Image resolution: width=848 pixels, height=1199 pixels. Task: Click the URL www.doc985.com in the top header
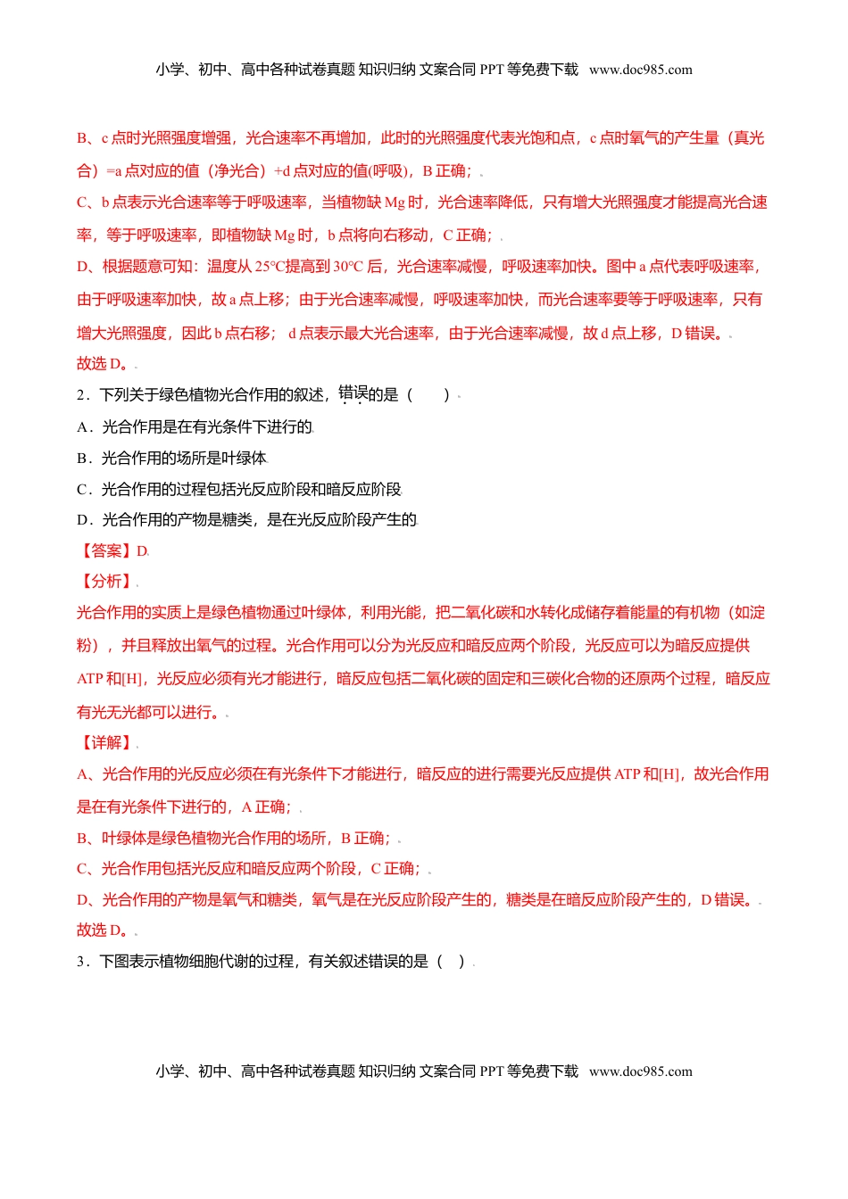[x=640, y=70]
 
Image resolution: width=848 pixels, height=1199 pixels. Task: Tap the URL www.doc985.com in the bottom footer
[x=640, y=1071]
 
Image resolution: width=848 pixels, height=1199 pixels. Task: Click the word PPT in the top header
[x=492, y=70]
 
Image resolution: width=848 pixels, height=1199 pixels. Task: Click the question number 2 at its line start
[x=81, y=395]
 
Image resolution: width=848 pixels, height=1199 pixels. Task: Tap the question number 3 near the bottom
[x=81, y=962]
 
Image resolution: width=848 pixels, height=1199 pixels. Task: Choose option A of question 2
[x=195, y=427]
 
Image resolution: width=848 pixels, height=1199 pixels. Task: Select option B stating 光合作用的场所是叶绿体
[x=172, y=459]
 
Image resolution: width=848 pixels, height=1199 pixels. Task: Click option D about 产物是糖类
[x=246, y=520]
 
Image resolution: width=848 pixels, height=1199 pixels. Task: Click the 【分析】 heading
[x=105, y=582]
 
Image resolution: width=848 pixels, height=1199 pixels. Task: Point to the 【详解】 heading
[x=105, y=743]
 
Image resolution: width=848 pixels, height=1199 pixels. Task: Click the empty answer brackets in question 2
[x=428, y=395]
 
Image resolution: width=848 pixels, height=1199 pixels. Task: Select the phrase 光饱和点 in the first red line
[x=545, y=138]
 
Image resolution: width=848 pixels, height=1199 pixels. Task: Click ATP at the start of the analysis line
[x=90, y=679]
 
